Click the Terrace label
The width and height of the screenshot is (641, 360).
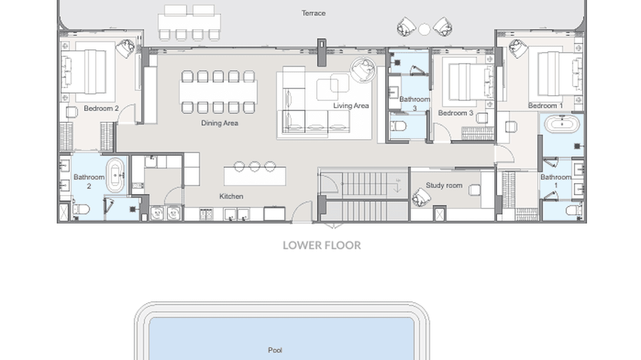313,13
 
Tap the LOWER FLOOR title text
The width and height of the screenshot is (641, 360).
321,245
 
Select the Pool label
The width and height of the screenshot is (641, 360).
275,350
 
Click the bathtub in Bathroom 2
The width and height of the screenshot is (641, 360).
115,176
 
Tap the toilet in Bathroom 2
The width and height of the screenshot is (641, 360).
82,209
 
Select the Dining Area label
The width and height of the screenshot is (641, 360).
219,123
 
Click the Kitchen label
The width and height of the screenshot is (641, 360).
231,196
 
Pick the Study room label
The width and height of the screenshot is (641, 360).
444,185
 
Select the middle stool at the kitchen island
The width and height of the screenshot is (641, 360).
255,166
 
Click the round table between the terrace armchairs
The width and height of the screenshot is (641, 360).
424,30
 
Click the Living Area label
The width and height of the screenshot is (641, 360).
351,106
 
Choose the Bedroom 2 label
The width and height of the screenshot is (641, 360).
101,108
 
